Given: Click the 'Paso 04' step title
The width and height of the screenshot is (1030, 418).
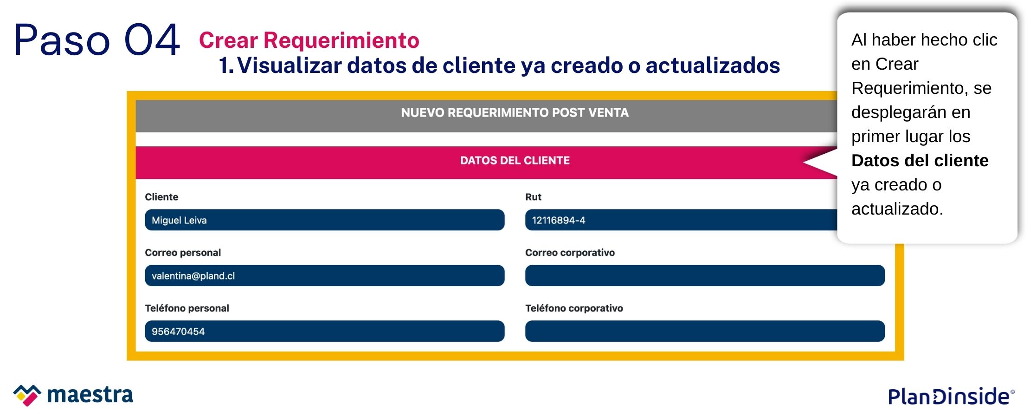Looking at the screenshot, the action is click(97, 40).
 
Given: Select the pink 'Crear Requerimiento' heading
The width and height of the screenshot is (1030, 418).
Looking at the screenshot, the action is click(309, 40).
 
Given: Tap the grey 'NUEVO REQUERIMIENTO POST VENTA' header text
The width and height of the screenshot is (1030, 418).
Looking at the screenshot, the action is click(515, 113).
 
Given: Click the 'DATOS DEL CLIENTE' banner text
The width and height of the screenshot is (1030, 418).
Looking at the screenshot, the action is click(515, 161).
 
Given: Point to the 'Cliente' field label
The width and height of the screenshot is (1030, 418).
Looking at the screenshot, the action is click(161, 197).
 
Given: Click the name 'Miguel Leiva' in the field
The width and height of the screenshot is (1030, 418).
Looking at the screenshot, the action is click(179, 220).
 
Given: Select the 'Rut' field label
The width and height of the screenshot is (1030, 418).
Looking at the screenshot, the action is click(533, 197).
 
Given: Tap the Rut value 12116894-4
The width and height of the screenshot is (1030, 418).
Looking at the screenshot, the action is click(559, 220).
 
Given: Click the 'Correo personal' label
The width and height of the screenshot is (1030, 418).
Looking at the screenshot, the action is click(183, 253).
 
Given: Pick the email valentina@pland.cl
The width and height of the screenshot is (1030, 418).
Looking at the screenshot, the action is click(193, 276).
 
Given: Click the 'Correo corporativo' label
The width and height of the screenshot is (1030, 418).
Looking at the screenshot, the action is click(570, 253).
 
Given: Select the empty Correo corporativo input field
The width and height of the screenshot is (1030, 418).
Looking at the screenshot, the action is click(705, 275).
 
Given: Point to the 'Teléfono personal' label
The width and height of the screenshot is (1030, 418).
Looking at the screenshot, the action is click(187, 308).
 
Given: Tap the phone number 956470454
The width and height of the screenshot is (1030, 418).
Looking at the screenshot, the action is click(178, 332).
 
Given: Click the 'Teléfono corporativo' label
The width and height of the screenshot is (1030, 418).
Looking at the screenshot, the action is click(574, 308).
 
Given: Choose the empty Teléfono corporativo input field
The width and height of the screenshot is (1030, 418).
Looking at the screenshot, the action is click(705, 331).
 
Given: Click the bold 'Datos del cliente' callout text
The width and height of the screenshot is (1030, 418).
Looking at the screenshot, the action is click(920, 161).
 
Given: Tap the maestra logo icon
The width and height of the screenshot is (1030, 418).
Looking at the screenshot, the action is click(27, 395).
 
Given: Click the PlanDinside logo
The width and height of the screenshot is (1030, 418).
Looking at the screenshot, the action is click(951, 396).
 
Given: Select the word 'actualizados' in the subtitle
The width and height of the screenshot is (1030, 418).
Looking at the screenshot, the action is click(713, 65).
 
